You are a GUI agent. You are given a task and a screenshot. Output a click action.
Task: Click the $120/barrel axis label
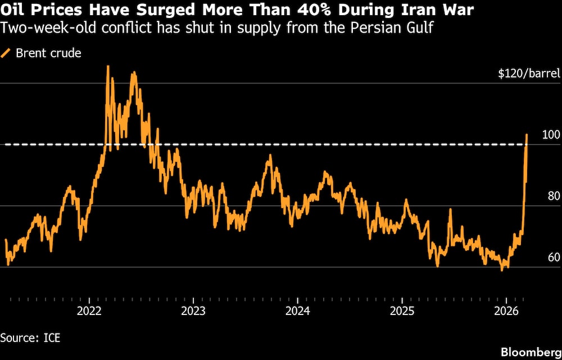click(x=529, y=74)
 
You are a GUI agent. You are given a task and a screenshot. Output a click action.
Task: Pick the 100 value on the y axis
click(x=551, y=135)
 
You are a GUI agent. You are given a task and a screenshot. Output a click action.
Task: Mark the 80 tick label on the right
click(x=553, y=196)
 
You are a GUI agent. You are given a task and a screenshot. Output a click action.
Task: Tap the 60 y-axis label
click(x=553, y=258)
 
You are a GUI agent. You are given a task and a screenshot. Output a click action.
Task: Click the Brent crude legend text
click(x=49, y=53)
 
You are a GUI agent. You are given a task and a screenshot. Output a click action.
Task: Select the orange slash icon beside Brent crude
click(x=6, y=53)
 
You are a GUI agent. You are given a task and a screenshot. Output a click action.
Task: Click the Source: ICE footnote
click(x=30, y=338)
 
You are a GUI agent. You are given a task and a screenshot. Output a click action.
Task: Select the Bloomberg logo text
click(x=529, y=352)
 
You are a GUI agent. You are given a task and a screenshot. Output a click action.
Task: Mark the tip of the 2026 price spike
click(x=527, y=135)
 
